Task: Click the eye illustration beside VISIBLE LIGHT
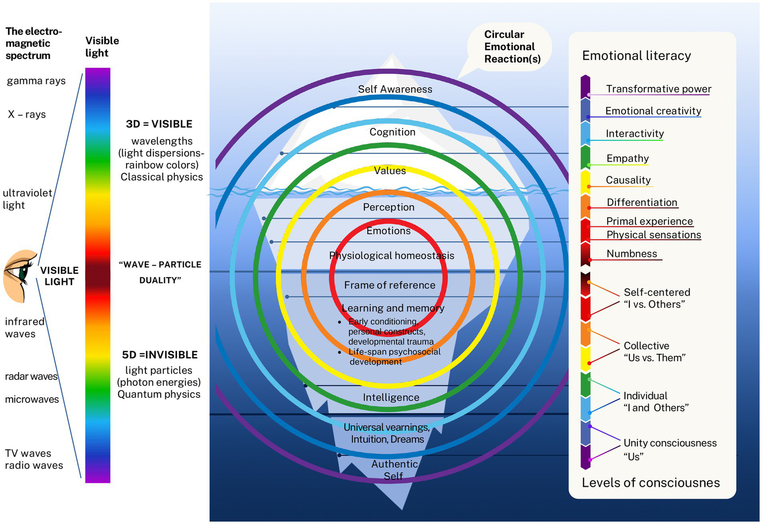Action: pos(20,276)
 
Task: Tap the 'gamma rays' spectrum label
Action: pos(36,81)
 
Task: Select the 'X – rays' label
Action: pos(27,114)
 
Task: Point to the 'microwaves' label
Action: pos(32,399)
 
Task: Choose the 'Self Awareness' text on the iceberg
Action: pos(395,89)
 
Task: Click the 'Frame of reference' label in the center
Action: pos(390,285)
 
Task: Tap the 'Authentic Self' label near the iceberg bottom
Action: pos(395,469)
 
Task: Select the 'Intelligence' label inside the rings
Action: pos(391,397)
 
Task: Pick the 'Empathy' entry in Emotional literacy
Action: pos(627,158)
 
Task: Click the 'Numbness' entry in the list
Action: pos(631,254)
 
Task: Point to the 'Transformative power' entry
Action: pos(658,89)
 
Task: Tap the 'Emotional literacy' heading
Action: pos(636,56)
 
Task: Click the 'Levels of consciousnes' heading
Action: pos(650,483)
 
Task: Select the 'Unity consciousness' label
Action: pos(670,443)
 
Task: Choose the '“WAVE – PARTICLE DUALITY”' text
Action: pos(160,272)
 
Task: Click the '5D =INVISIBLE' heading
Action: pos(160,355)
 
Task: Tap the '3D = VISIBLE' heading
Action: pos(159,124)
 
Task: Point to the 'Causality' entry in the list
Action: pos(628,180)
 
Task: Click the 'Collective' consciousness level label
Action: pos(646,346)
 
